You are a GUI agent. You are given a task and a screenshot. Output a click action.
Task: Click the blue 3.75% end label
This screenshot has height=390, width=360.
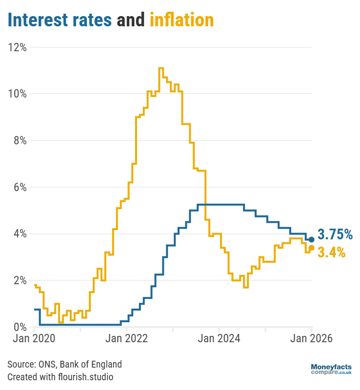[x=335, y=235]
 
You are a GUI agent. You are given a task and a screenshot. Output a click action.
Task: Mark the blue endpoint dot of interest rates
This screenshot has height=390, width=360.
[x=312, y=239]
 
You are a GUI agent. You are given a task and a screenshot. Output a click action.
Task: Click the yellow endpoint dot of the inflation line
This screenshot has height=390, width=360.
[x=312, y=248]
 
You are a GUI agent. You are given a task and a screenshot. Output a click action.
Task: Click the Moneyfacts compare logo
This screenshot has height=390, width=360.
[x=331, y=369]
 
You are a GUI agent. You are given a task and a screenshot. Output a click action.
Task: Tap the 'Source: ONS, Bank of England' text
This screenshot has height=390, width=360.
[x=64, y=364]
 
